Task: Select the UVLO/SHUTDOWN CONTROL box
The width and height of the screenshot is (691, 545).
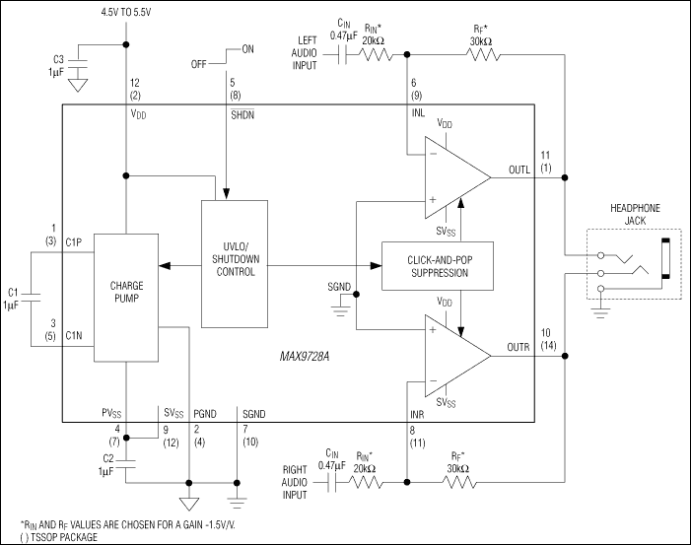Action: point(234,264)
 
